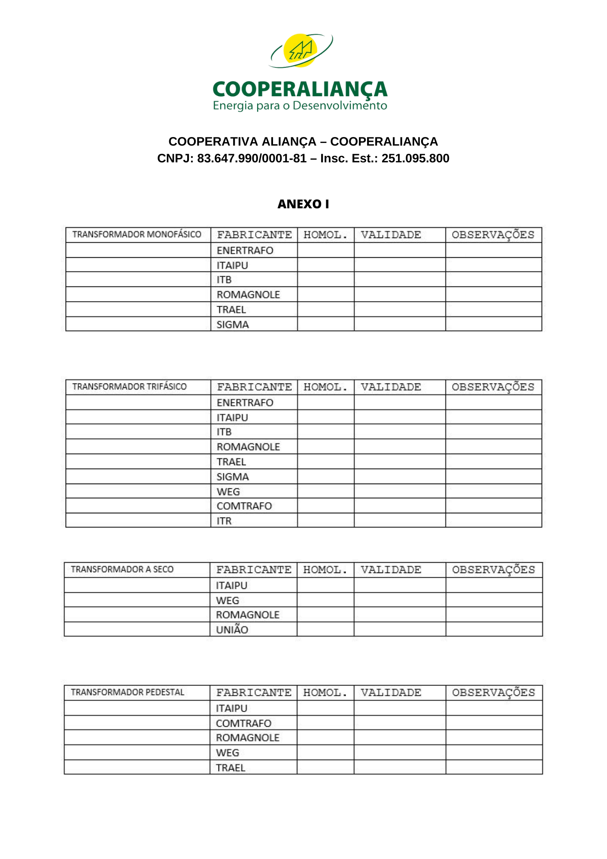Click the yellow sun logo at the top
(300, 50)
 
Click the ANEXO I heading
(303, 204)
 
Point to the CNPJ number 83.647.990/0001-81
(252, 158)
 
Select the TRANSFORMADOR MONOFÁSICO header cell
(137, 235)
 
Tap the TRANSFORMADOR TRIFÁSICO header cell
(129, 387)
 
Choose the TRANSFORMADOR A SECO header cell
(122, 570)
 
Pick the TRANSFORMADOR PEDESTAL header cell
(127, 692)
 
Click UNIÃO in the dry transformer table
(232, 630)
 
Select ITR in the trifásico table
(224, 521)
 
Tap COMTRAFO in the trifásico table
(244, 506)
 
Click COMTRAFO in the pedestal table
(243, 723)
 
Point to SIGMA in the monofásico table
(232, 325)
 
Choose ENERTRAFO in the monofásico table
(245, 250)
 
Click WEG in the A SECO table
(228, 600)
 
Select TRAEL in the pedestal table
(231, 768)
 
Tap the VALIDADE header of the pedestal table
(391, 693)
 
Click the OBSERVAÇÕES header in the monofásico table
(493, 235)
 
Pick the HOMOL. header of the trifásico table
(325, 387)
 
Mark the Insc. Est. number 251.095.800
(415, 158)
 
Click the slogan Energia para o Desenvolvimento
(300, 106)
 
